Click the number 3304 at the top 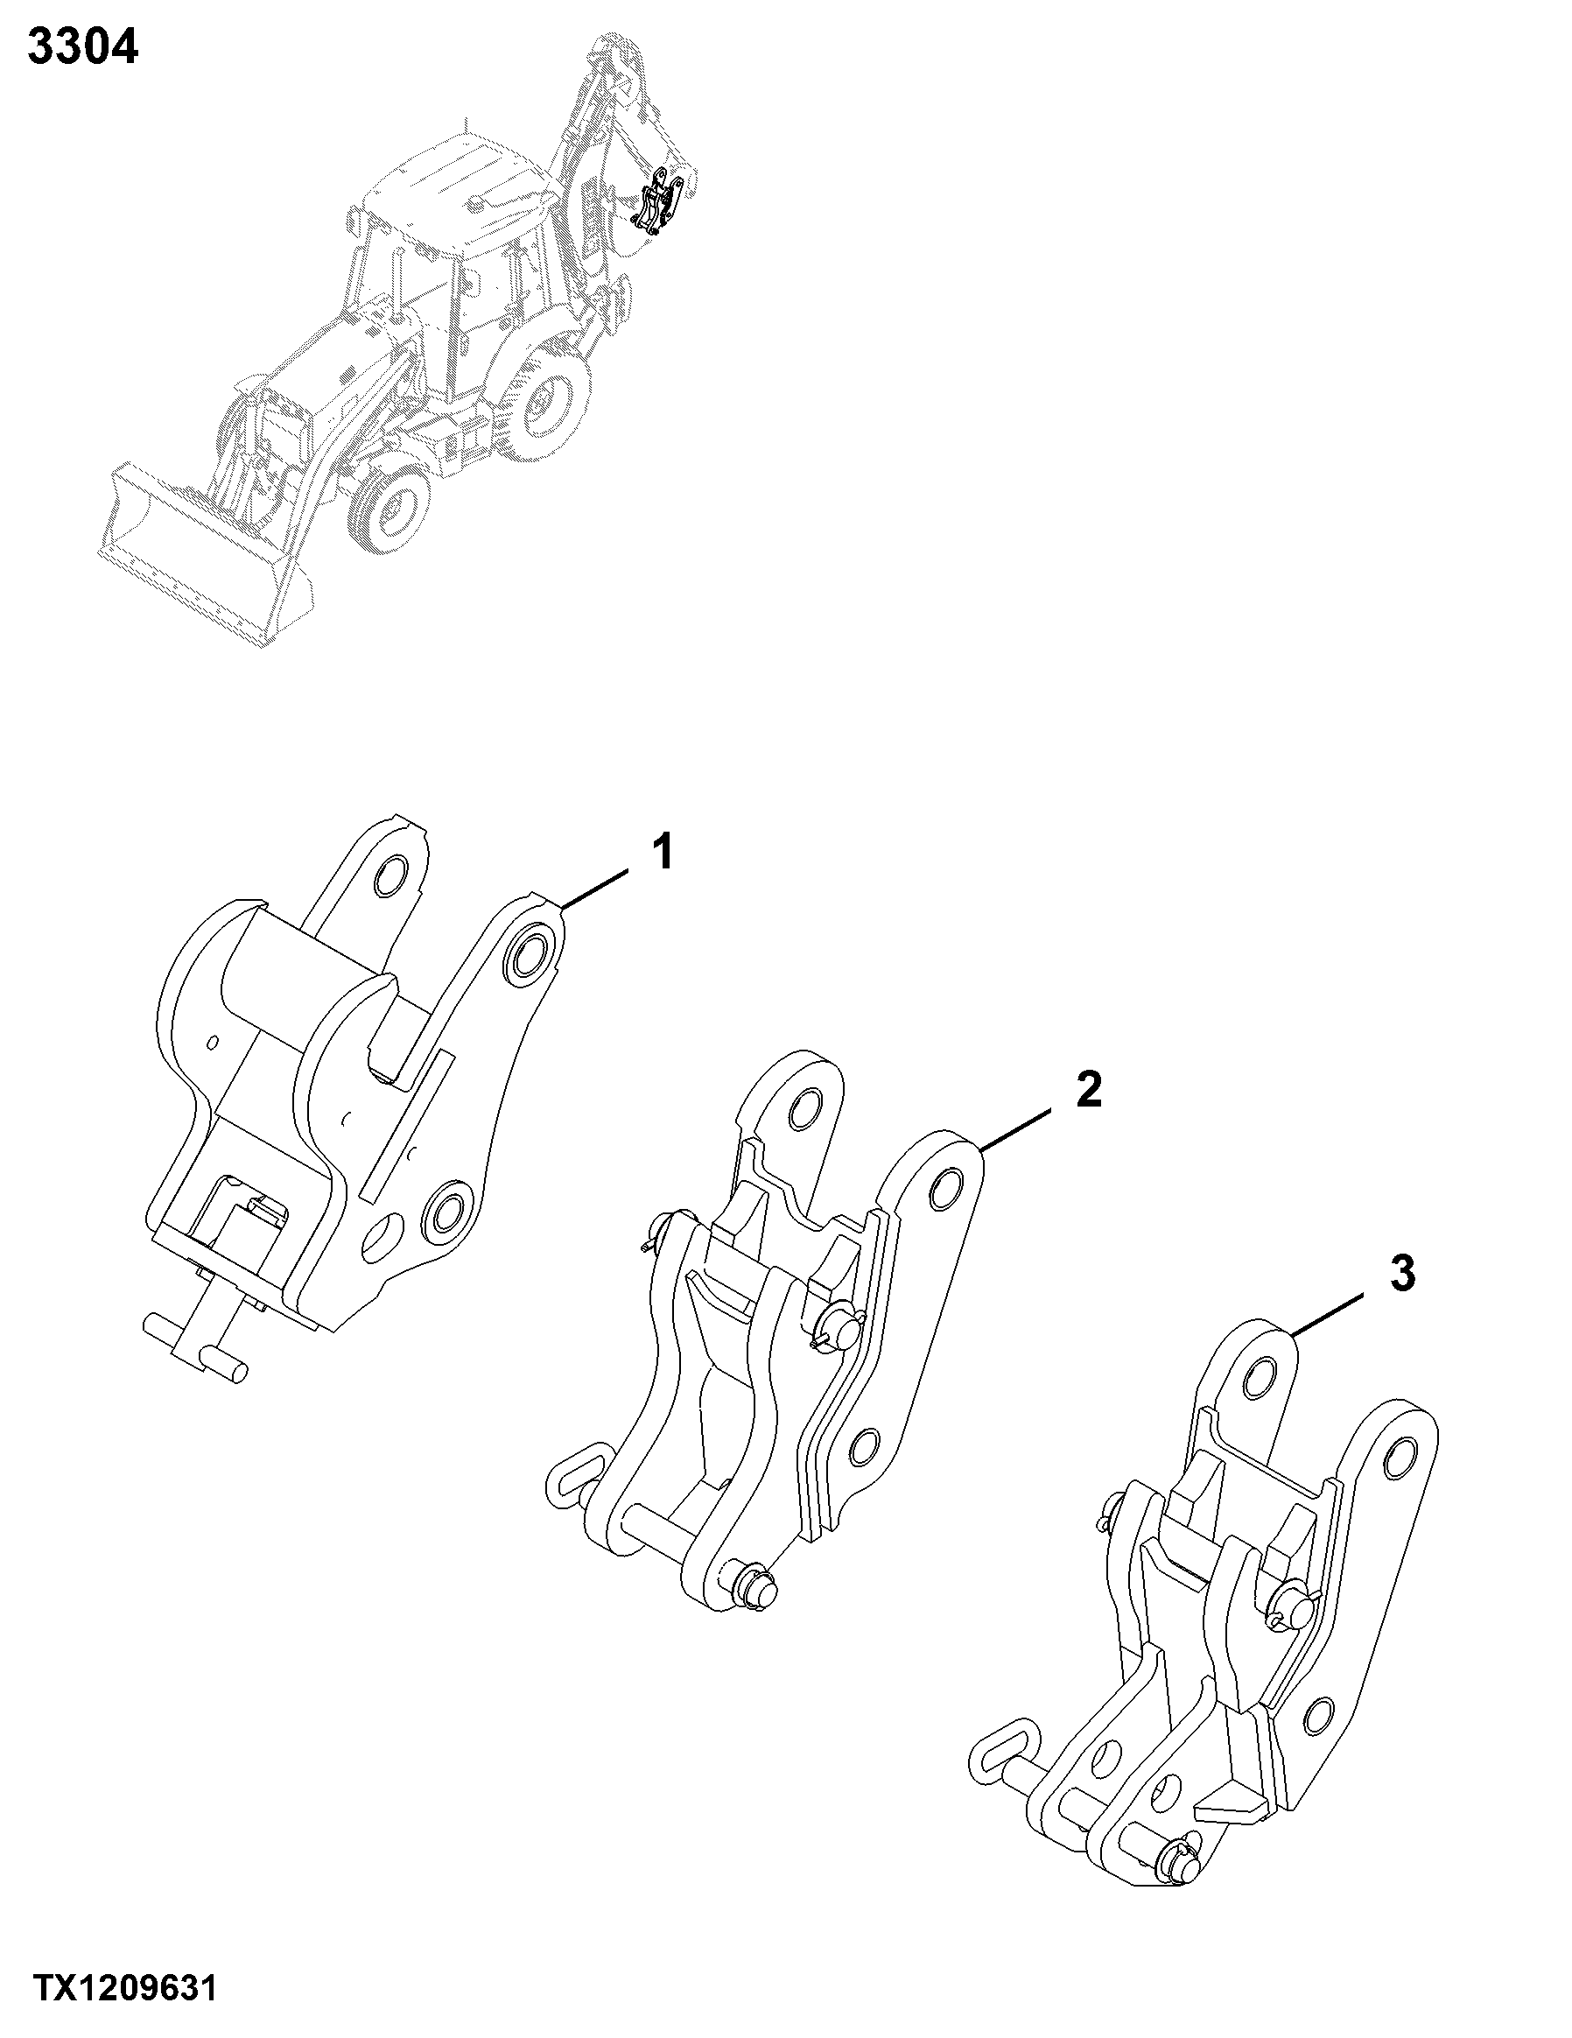pos(83,46)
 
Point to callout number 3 pos(1402,1273)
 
